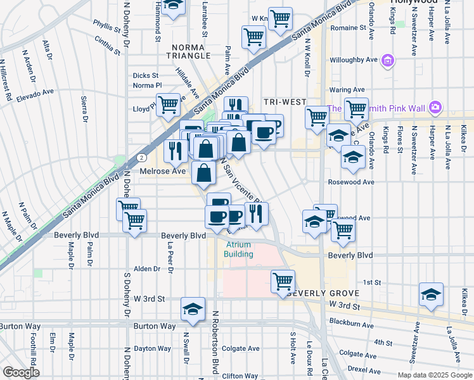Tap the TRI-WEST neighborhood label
pos(285,102)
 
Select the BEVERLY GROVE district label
pos(323,294)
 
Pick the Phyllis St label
pos(106,28)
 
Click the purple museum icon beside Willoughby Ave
pos(388,61)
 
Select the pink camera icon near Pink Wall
pos(435,108)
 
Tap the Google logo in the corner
pos(21,372)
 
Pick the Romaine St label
pos(349,28)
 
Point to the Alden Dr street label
pos(148,269)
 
